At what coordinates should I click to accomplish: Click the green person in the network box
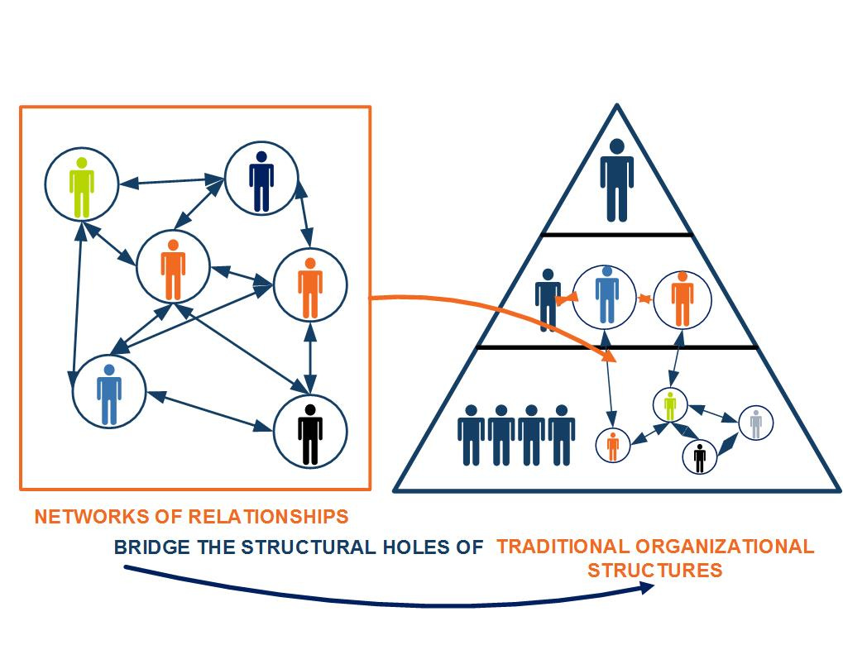point(81,186)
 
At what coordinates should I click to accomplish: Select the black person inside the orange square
point(310,432)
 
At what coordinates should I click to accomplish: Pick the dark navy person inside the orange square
point(261,180)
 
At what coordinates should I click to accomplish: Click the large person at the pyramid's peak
point(616,180)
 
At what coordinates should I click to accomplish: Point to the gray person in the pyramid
point(755,423)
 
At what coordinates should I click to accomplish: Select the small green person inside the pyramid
point(670,405)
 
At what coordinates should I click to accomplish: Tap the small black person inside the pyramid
point(699,456)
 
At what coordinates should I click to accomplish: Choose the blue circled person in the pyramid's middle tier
point(607,295)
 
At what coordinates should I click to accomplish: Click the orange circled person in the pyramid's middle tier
point(683,299)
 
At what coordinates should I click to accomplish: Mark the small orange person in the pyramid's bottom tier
point(612,446)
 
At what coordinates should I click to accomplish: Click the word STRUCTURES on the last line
point(654,571)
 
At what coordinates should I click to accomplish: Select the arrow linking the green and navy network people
point(171,181)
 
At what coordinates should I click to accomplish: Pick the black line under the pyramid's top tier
point(616,235)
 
